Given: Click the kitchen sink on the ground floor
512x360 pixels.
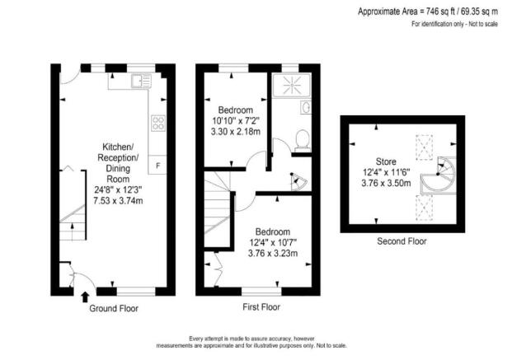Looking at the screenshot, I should coord(138,80).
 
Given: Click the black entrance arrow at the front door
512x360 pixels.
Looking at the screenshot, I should coord(86,297).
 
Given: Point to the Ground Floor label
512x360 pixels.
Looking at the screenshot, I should coord(114,309).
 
